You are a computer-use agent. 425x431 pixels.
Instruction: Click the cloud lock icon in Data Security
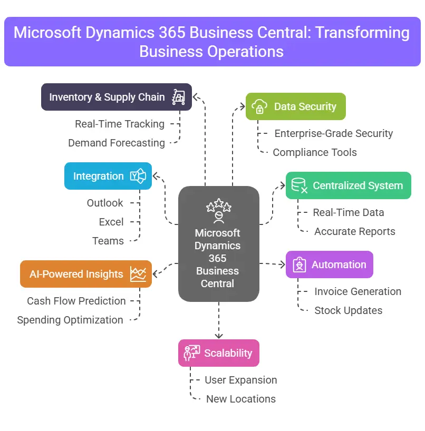click(259, 107)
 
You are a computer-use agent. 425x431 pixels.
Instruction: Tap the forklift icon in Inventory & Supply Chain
click(179, 97)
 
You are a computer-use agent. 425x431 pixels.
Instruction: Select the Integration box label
click(99, 176)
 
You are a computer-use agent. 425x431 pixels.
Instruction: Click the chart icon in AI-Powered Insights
click(138, 274)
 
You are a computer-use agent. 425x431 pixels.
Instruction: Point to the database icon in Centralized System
click(299, 185)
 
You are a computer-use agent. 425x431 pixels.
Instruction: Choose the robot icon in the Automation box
click(299, 265)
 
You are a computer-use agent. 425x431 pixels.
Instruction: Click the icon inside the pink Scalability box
click(191, 353)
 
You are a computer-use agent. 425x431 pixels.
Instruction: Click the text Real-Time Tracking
click(120, 124)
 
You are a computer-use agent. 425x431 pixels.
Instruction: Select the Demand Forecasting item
click(116, 143)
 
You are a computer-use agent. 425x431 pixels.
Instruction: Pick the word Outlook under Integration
click(105, 203)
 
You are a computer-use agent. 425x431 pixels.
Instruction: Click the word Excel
click(111, 222)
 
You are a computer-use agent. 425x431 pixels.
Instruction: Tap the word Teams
click(108, 241)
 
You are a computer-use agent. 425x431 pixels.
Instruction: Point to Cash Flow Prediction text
click(76, 301)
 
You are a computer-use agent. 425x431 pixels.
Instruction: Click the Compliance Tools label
click(315, 152)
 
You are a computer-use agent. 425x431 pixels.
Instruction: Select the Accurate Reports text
click(354, 231)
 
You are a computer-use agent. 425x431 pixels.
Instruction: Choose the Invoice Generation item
click(358, 291)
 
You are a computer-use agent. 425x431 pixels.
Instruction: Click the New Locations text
click(240, 399)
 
